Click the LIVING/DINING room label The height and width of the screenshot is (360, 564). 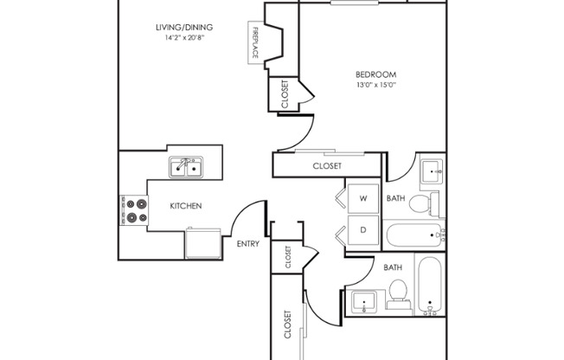point(183,28)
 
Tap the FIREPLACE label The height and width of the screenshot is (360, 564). point(256,42)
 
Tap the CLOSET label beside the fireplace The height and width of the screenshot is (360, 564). point(285,94)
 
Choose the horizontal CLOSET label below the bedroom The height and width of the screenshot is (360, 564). point(326,165)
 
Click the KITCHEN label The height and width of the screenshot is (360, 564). point(185,206)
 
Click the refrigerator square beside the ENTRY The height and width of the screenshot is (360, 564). point(203,243)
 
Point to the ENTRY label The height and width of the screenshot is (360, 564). point(248,244)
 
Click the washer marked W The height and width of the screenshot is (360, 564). point(363,199)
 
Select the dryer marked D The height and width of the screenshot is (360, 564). point(363,230)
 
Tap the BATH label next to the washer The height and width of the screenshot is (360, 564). point(395,198)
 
